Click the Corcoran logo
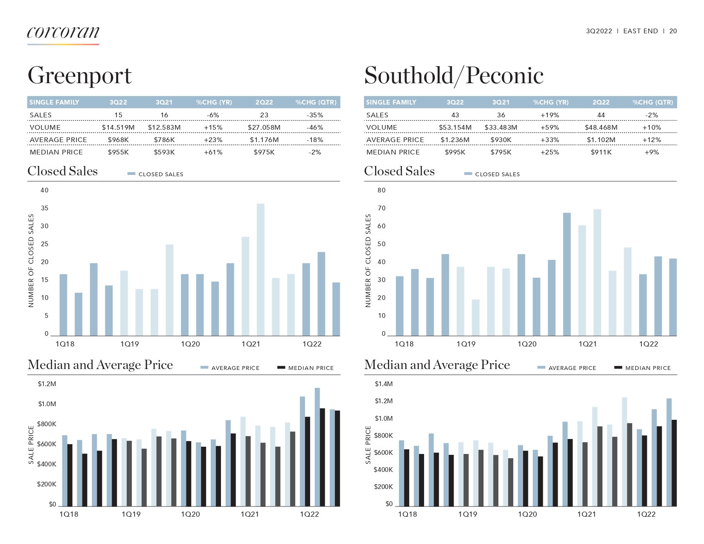pos(63,33)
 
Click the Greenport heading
pos(80,76)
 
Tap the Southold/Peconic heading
pos(454,76)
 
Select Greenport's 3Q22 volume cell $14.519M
pos(118,128)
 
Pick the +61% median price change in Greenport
pos(213,152)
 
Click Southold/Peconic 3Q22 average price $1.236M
pos(455,140)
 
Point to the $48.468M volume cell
pos(601,128)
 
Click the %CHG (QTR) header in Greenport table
pos(316,102)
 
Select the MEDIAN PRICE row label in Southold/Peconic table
pos(393,152)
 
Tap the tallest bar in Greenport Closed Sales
pos(260,269)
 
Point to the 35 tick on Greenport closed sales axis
pos(45,208)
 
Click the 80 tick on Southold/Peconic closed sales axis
pos(381,190)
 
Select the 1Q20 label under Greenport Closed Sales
pos(190,344)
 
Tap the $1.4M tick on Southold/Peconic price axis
pos(384,384)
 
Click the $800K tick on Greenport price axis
pos(47,424)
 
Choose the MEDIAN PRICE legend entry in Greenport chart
pos(311,368)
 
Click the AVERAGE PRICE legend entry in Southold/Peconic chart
pos(572,368)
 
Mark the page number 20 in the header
pos(673,31)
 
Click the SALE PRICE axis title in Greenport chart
pos(31,445)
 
